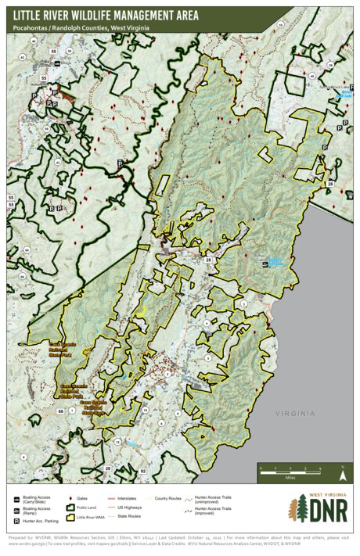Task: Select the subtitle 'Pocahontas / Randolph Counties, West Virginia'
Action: [x=81, y=28]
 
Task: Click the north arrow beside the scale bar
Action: [x=342, y=472]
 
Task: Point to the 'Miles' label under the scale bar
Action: [x=290, y=476]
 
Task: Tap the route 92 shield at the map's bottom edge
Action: [x=143, y=472]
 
